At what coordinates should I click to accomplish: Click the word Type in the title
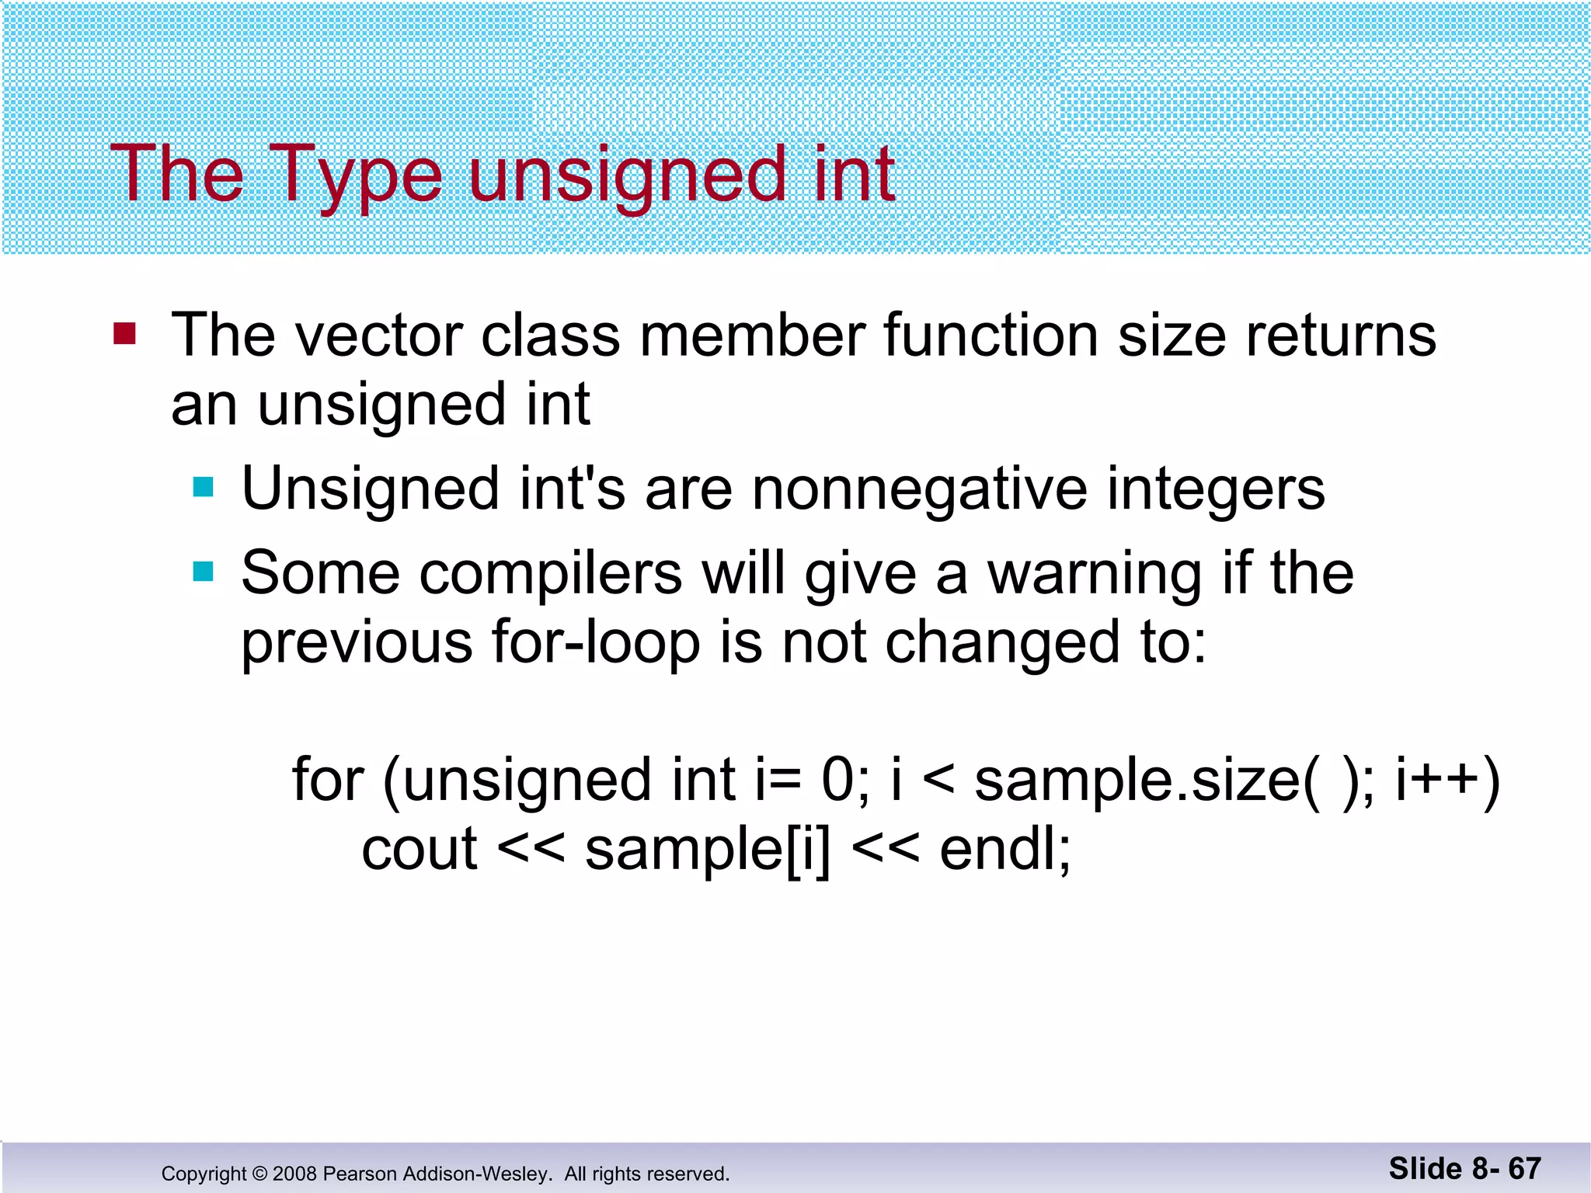357,176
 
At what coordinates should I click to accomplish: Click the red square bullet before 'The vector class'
124,334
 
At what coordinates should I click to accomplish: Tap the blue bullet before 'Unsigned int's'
203,487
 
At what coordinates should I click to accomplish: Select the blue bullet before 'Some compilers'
203,572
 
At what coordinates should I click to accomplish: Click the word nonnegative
918,489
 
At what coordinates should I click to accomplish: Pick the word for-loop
595,643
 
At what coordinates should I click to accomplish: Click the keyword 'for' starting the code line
327,779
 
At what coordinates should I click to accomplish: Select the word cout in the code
420,850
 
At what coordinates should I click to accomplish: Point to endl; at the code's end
1004,849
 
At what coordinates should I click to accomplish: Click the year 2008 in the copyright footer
294,1174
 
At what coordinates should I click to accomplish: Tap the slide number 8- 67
1504,1168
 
